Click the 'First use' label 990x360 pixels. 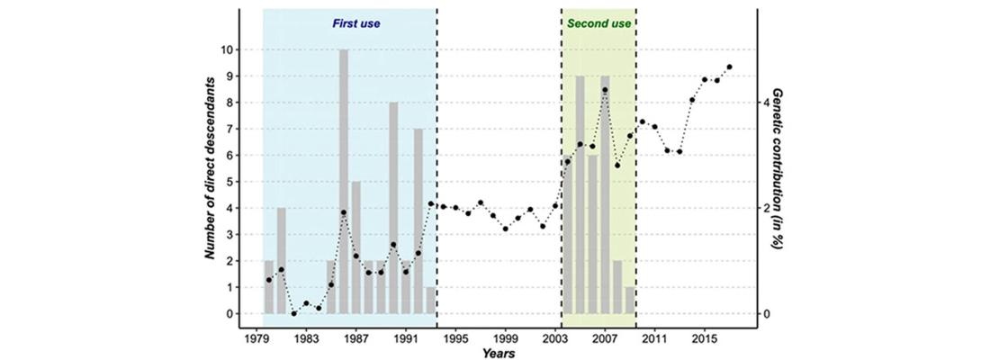357,24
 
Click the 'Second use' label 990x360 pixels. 598,24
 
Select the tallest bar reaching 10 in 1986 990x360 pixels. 344,180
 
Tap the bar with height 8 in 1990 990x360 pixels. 393,207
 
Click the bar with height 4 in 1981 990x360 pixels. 281,261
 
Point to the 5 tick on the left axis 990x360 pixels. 232,182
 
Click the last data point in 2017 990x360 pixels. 729,67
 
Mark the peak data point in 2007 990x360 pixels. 605,90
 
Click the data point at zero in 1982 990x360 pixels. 293,313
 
